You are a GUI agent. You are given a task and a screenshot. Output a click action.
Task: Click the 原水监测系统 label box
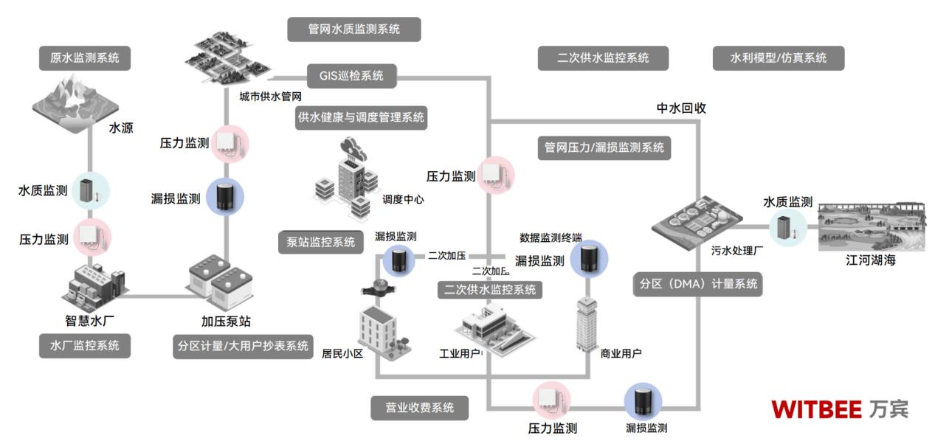tap(84, 57)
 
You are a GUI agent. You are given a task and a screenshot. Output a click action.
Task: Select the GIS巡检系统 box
tap(351, 75)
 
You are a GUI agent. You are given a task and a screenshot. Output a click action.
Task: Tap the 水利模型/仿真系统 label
tap(778, 58)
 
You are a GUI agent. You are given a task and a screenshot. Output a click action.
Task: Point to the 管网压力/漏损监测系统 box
tap(604, 147)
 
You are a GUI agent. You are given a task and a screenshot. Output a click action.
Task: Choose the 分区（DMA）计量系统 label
tap(697, 284)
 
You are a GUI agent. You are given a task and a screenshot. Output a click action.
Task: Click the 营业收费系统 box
tap(419, 407)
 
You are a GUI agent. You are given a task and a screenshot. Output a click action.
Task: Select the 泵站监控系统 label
tap(321, 241)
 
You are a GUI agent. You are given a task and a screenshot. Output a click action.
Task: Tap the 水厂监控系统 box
tap(84, 345)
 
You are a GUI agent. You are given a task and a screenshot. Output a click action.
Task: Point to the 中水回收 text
tap(681, 108)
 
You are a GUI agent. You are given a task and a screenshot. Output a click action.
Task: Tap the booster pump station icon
tap(221, 283)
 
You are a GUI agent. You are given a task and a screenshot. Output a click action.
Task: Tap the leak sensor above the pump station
tap(224, 197)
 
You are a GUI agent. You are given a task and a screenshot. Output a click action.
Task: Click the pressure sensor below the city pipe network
tap(229, 144)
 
